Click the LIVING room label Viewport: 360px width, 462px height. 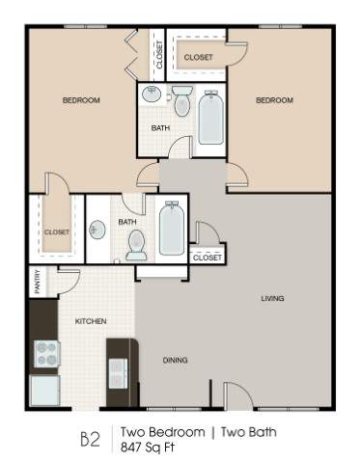(x=272, y=298)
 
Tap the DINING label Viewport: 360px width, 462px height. (x=175, y=360)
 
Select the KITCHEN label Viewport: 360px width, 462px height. (x=91, y=321)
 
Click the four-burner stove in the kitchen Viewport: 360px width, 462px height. (x=47, y=354)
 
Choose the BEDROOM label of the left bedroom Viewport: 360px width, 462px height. (x=82, y=100)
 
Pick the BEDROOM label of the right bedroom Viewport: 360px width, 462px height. (x=274, y=100)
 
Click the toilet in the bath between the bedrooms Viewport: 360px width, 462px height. (x=182, y=101)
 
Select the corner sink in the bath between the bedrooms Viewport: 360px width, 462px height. (x=151, y=95)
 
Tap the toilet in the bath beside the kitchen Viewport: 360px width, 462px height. (x=136, y=245)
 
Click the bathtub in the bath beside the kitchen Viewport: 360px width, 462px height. (x=171, y=230)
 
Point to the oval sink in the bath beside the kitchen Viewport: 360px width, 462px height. (x=97, y=231)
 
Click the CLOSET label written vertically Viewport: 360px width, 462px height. (x=159, y=55)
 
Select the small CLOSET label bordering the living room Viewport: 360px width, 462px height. (x=207, y=258)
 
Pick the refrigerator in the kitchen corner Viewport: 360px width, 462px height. (x=44, y=391)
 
